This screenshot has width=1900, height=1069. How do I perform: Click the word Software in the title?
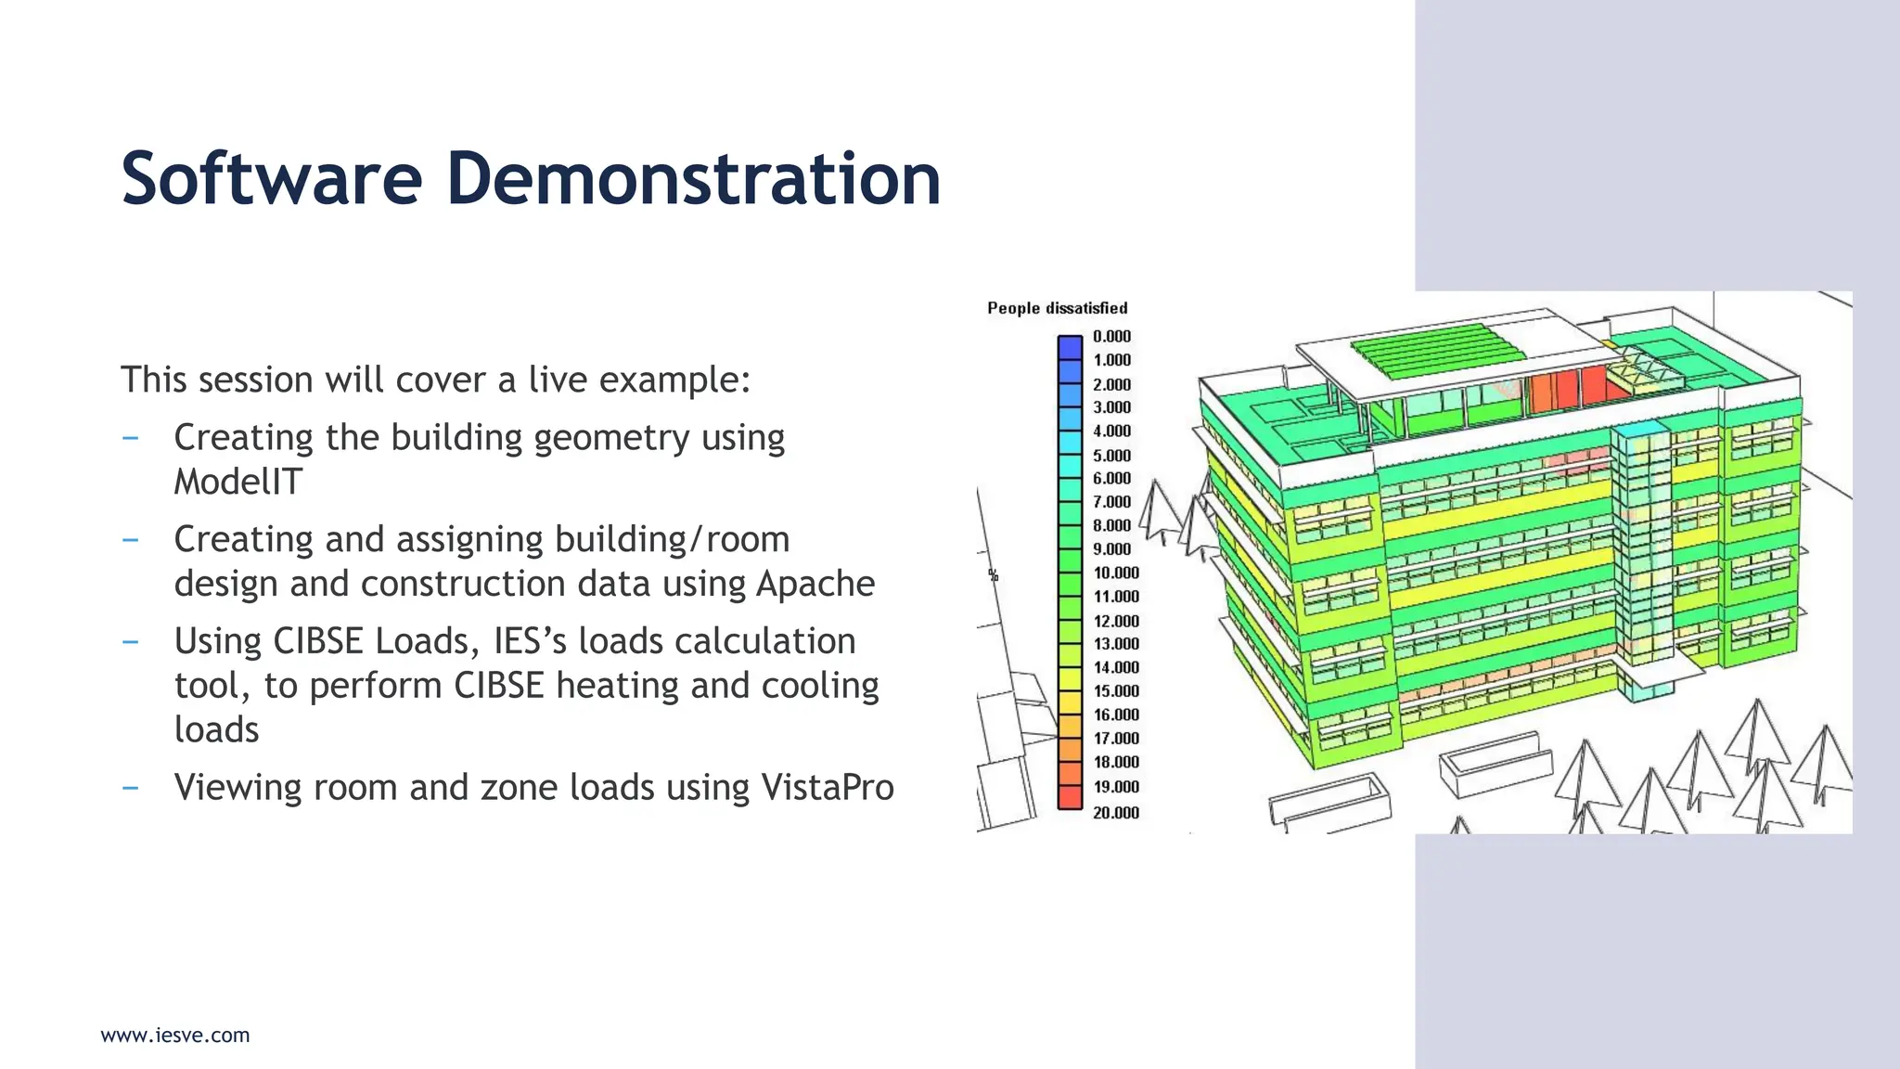coord(271,178)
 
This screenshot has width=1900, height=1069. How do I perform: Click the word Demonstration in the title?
coord(693,178)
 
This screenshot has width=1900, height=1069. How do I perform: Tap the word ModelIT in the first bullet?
coord(238,482)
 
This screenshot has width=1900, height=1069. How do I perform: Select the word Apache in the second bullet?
coord(815,584)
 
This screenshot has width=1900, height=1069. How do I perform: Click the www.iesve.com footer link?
coord(175,1035)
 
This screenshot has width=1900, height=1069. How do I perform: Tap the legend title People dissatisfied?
coord(1057,308)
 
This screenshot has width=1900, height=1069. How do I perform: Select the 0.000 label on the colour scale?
coord(1111,336)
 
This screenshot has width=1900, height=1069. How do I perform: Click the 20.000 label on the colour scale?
coord(1115,812)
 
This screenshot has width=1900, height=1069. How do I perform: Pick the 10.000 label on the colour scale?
coord(1115,573)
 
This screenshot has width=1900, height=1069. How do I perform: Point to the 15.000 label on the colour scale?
coord(1115,690)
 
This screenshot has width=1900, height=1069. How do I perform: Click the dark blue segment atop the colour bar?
coord(1070,347)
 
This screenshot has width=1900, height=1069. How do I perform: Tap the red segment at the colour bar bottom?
coord(1070,796)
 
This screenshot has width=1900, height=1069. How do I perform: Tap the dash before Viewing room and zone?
coord(131,788)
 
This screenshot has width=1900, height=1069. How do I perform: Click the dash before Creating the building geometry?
coord(131,437)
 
